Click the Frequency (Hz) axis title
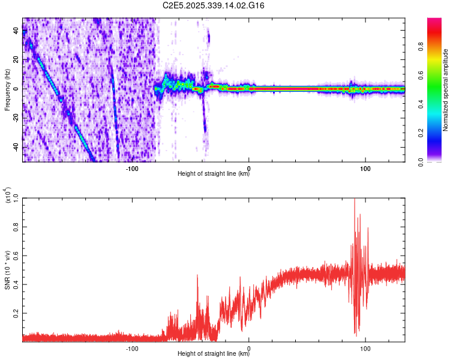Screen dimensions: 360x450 click(7, 90)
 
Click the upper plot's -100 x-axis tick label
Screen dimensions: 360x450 click(132, 167)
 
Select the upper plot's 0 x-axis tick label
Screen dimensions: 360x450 click(249, 167)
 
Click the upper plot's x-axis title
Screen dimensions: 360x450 click(214, 175)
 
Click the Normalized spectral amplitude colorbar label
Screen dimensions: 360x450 click(446, 90)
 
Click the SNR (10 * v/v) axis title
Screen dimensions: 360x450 click(7, 269)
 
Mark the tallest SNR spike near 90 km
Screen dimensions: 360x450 click(355, 200)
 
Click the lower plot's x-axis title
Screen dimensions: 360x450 click(214, 355)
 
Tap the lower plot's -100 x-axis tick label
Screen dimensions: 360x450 click(132, 348)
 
